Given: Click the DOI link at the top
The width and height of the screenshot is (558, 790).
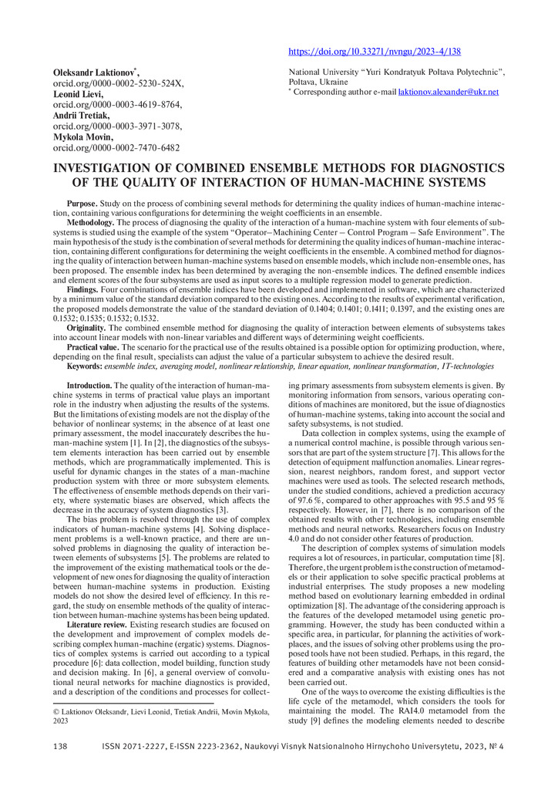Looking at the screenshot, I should pyautogui.click(x=375, y=52).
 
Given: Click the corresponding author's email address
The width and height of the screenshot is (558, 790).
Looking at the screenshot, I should pyautogui.click(x=449, y=92).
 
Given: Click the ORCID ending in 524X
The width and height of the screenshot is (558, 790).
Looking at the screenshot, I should pyautogui.click(x=117, y=83).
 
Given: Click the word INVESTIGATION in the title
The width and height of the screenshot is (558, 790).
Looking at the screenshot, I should pyautogui.click(x=113, y=168).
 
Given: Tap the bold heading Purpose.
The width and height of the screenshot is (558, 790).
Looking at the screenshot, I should pyautogui.click(x=82, y=203).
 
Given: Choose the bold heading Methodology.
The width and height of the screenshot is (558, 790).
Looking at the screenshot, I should pyautogui.click(x=91, y=222).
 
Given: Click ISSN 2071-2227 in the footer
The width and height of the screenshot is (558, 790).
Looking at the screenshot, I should pyautogui.click(x=139, y=768).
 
